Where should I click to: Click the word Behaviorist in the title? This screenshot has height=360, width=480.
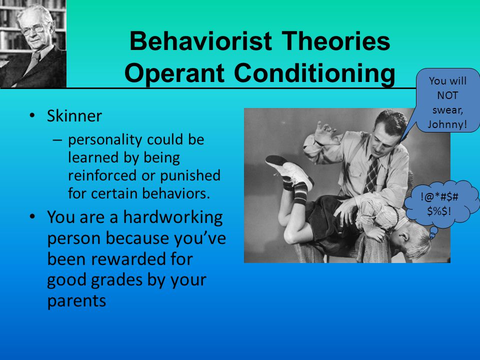click(x=201, y=41)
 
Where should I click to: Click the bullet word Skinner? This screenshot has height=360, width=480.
click(x=74, y=116)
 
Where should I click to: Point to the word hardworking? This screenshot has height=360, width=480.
click(x=173, y=218)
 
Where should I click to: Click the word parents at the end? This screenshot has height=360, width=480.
click(x=76, y=301)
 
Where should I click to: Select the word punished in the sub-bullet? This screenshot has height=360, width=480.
click(x=190, y=175)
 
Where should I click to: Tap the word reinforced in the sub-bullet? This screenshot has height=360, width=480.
click(x=102, y=175)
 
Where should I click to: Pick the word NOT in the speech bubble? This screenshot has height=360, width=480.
click(x=447, y=95)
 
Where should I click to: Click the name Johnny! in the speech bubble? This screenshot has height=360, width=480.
click(x=447, y=124)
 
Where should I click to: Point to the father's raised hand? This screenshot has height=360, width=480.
click(x=326, y=132)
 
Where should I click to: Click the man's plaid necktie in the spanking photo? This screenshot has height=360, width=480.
click(x=372, y=174)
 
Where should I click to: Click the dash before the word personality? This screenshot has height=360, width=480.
click(x=57, y=140)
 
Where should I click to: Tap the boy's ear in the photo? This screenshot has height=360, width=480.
click(x=404, y=236)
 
